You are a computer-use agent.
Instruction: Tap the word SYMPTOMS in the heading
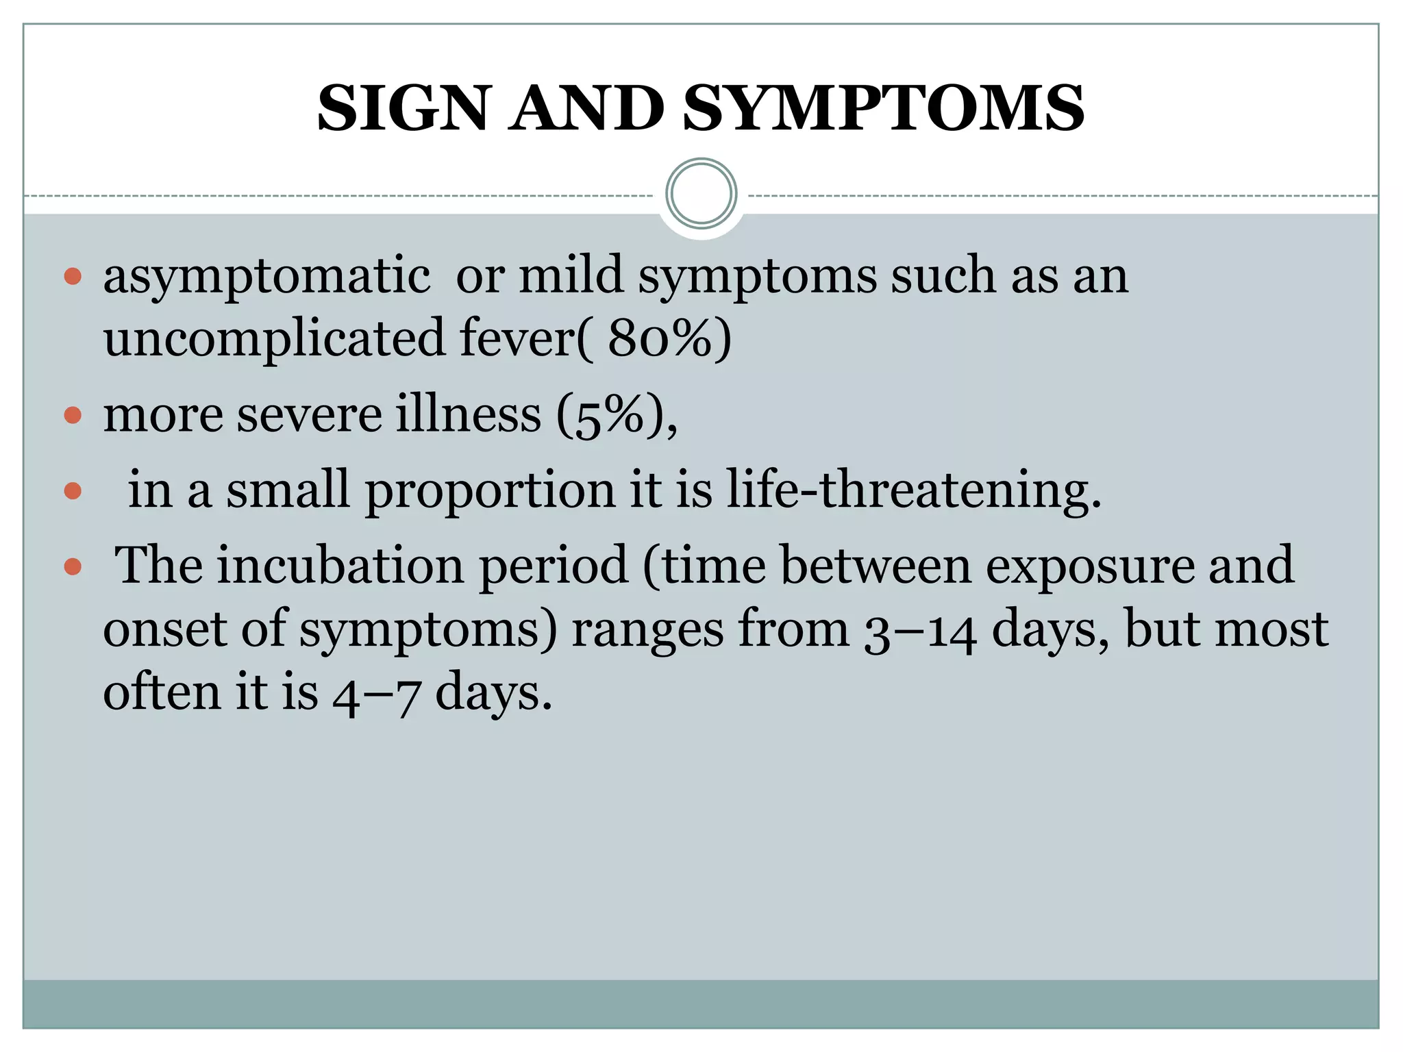(x=884, y=109)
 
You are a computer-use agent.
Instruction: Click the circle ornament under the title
(x=701, y=194)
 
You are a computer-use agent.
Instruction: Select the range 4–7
(x=376, y=693)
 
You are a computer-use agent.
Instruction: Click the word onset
(x=164, y=630)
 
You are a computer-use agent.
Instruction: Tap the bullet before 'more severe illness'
(x=73, y=415)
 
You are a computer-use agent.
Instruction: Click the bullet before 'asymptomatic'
(x=73, y=277)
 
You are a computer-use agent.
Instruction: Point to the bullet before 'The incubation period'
(x=73, y=566)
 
